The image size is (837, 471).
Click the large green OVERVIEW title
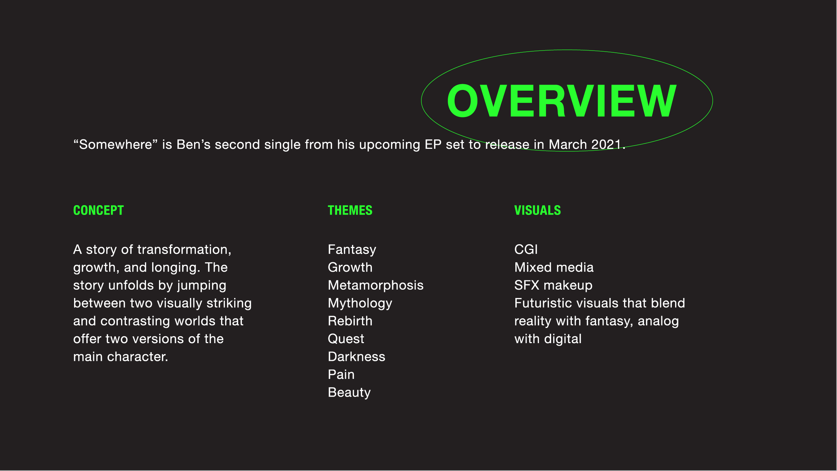(x=562, y=100)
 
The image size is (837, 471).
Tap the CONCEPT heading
(x=98, y=210)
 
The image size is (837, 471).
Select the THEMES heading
(x=350, y=210)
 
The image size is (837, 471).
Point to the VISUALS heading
(x=537, y=210)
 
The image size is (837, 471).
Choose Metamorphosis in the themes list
(x=375, y=285)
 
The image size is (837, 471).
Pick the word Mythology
(x=360, y=303)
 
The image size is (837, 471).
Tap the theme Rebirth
(x=350, y=321)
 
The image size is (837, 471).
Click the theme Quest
(x=346, y=339)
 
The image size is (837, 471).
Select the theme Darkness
(x=356, y=357)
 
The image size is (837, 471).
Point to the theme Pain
(x=341, y=375)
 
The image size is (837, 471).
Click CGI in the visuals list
(x=526, y=249)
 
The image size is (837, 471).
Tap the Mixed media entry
(x=554, y=267)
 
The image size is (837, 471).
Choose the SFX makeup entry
(x=553, y=285)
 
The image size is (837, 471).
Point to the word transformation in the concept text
(x=184, y=250)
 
